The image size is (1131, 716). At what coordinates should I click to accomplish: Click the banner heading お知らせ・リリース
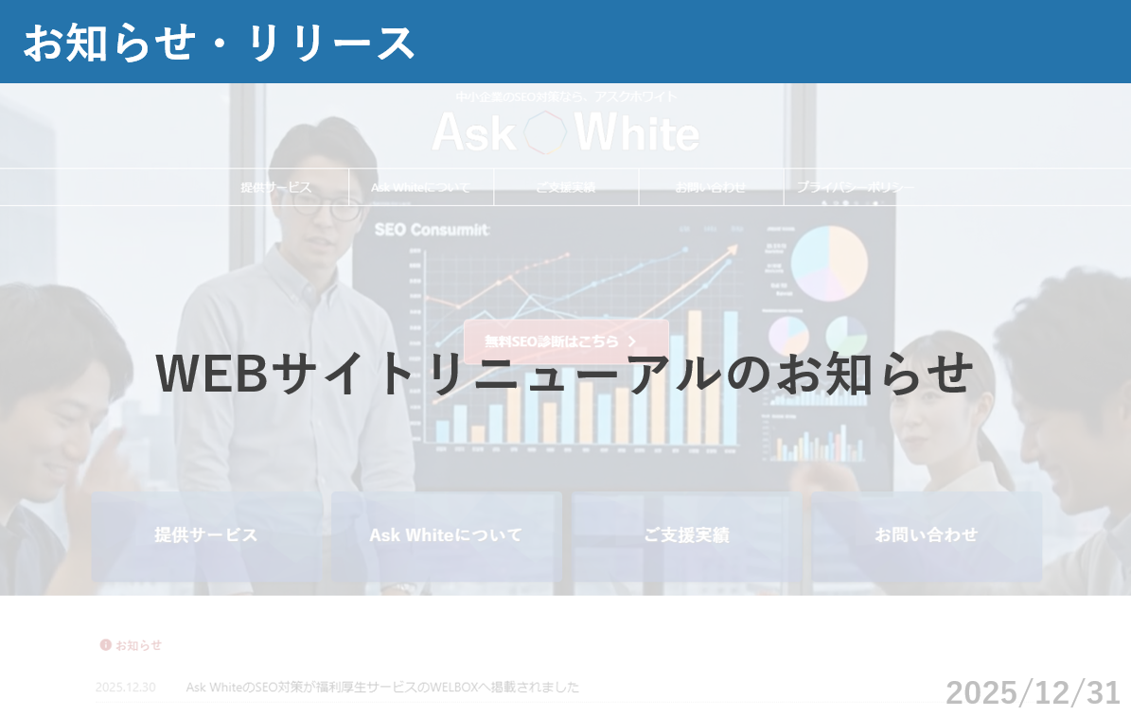pyautogui.click(x=219, y=43)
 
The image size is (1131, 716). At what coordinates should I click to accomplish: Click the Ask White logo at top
pyautogui.click(x=565, y=132)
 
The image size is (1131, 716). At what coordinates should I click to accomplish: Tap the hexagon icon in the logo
pyautogui.click(x=545, y=132)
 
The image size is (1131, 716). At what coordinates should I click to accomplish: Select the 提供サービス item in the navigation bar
pyautogui.click(x=275, y=187)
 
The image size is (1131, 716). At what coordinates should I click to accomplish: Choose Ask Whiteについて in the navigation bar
pyautogui.click(x=420, y=187)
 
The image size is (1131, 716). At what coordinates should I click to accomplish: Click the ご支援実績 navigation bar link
pyautogui.click(x=565, y=187)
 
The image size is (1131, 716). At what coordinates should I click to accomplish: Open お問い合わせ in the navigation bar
pyautogui.click(x=710, y=187)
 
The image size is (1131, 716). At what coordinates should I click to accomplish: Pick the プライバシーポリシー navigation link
pyautogui.click(x=856, y=187)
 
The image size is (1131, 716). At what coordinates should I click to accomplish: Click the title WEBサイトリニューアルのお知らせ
pyautogui.click(x=565, y=373)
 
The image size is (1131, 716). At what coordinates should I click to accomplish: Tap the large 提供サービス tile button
pyautogui.click(x=206, y=535)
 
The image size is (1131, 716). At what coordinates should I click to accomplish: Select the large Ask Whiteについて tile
pyautogui.click(x=446, y=535)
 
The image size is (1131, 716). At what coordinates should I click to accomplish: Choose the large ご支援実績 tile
pyautogui.click(x=686, y=535)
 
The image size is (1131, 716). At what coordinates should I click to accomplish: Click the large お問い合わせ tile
pyautogui.click(x=927, y=535)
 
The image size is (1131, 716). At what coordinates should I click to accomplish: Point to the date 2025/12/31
pyautogui.click(x=1033, y=692)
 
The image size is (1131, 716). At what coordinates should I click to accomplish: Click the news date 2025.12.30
pyautogui.click(x=125, y=687)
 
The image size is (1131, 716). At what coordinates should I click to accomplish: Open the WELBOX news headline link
pyautogui.click(x=382, y=687)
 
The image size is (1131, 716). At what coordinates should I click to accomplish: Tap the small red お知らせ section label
pyautogui.click(x=132, y=645)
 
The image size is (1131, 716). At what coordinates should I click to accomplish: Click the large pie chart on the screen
pyautogui.click(x=829, y=260)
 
